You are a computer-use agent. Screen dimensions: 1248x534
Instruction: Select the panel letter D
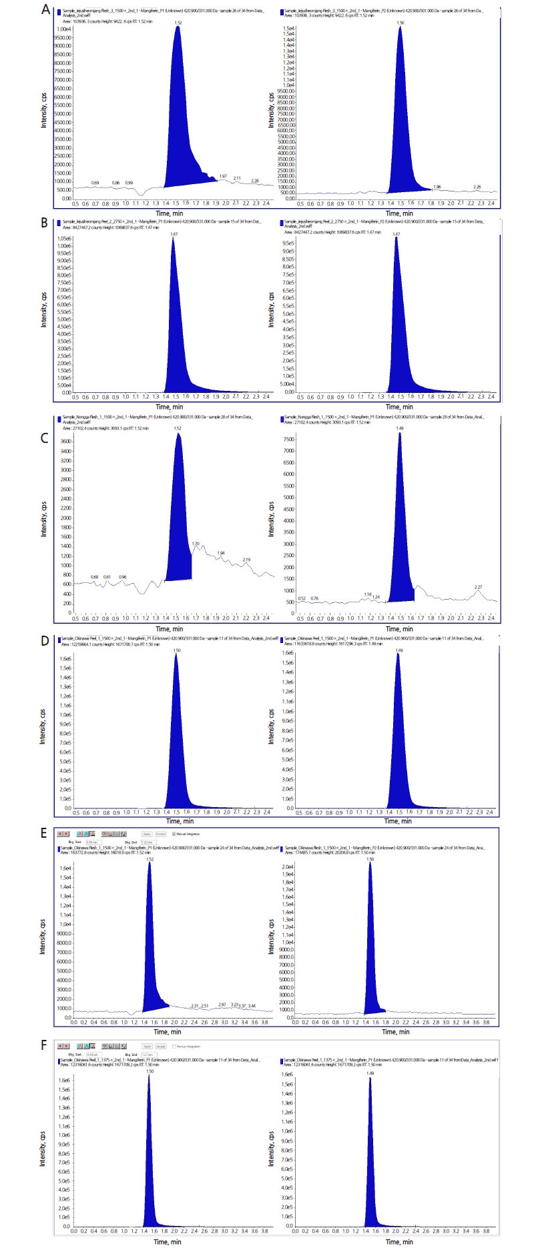point(44,640)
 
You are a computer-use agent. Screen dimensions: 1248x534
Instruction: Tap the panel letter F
point(44,1045)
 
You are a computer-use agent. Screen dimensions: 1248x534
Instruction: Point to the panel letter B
point(44,222)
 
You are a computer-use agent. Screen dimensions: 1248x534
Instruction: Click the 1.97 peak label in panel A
point(222,176)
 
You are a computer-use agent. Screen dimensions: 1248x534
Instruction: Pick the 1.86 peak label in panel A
point(437,187)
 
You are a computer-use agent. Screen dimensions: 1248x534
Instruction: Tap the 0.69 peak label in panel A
point(95,182)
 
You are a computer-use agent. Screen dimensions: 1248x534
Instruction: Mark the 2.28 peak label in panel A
point(254,180)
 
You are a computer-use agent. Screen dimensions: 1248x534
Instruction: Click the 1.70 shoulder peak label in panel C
point(196,544)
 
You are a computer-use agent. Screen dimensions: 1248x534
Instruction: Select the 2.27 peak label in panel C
point(478,587)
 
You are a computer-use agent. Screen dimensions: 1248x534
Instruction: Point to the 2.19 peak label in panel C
point(246,560)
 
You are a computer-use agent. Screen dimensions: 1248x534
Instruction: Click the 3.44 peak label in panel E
point(252,1005)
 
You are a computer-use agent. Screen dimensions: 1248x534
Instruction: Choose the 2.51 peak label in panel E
point(205,1005)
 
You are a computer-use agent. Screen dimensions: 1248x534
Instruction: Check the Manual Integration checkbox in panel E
point(174,834)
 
